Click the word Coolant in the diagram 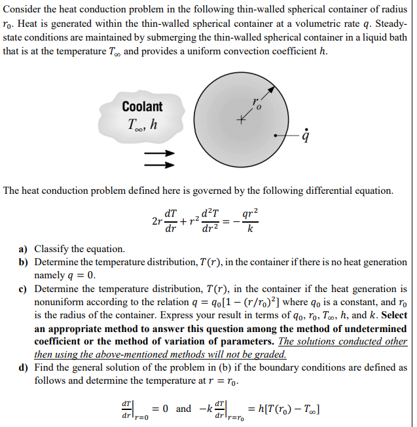pyautogui.click(x=141, y=106)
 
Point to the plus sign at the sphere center pyautogui.click(x=241, y=121)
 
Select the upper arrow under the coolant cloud pyautogui.click(x=160, y=153)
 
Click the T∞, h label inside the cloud pyautogui.click(x=140, y=124)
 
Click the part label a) pyautogui.click(x=24, y=249)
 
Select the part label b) pyautogui.click(x=24, y=262)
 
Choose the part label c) pyautogui.click(x=24, y=289)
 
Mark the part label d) pyautogui.click(x=24, y=368)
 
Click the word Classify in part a pyautogui.click(x=52, y=249)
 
